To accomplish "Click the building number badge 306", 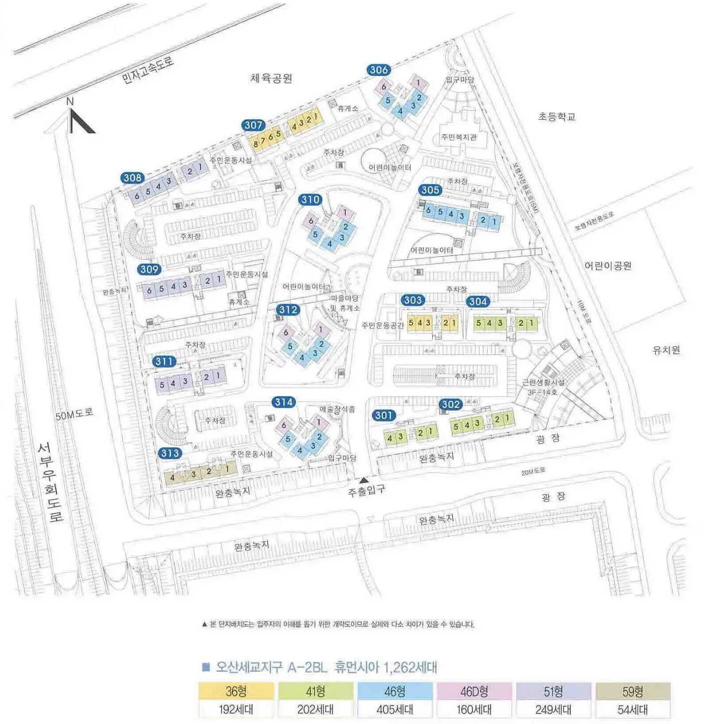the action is coord(379,70).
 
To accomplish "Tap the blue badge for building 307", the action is coord(253,125).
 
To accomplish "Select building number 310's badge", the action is coord(310,199).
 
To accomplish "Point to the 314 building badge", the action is coord(284,402).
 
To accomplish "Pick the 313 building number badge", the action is coord(170,453).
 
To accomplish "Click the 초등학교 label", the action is coord(557,117).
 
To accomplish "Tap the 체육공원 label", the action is coord(271,78).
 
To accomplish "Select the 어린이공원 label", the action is coord(608,266).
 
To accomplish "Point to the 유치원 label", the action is coord(666,350).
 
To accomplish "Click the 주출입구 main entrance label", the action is coord(366,491).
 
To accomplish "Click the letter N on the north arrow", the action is coord(70,101).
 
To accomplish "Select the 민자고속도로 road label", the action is coord(148,70).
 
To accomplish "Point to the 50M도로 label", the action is coord(74,414).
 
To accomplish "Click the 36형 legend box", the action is coord(236,691).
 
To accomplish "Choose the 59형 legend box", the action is coord(633,691).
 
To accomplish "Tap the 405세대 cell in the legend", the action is coord(395,709).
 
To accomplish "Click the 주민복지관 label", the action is coord(459,137).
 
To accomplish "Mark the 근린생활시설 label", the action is coord(543,382).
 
